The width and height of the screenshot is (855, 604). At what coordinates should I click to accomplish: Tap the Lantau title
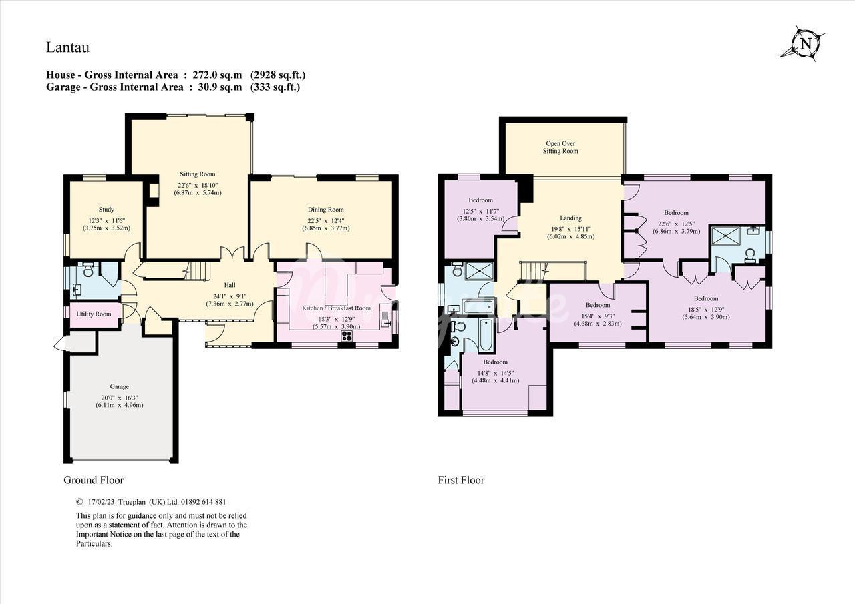click(67, 47)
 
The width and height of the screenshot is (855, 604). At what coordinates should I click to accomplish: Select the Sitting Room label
click(197, 174)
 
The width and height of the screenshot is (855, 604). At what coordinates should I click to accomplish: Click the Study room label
click(106, 210)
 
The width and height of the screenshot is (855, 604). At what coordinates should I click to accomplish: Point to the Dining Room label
click(325, 210)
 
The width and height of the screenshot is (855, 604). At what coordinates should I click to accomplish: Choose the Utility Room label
click(94, 314)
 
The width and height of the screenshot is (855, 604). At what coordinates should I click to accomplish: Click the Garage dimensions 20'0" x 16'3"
click(119, 396)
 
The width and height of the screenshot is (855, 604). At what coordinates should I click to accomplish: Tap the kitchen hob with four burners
click(347, 336)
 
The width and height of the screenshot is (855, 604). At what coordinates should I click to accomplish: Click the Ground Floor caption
click(94, 480)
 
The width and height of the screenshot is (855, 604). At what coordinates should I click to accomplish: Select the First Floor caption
click(461, 480)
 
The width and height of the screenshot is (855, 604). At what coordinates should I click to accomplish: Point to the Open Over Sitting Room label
click(560, 147)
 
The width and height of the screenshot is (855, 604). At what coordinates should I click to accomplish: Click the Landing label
click(571, 218)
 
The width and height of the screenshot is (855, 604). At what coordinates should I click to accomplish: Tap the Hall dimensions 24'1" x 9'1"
click(230, 296)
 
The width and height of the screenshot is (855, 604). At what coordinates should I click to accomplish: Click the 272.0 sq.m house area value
click(217, 75)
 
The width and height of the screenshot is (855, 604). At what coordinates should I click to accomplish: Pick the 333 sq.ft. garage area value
click(275, 87)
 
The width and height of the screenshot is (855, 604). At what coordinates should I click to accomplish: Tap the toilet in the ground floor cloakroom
click(88, 270)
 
